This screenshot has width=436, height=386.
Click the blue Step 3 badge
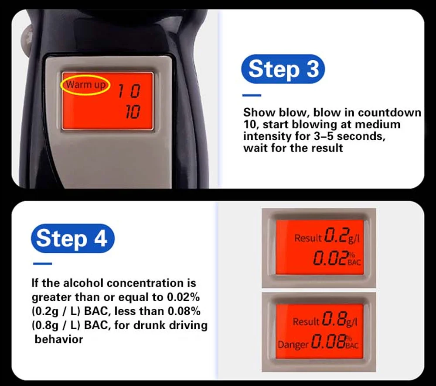(283, 69)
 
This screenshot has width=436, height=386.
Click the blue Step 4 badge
(72, 238)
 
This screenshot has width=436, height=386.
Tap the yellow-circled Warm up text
(85, 85)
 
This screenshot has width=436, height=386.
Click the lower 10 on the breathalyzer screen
(133, 112)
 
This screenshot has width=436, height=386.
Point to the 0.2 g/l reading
(342, 236)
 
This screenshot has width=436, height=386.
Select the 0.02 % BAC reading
(337, 258)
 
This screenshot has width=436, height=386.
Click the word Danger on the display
(293, 345)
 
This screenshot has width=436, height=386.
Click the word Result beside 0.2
(308, 238)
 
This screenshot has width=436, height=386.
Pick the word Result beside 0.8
(306, 322)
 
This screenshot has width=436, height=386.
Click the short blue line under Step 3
(252, 95)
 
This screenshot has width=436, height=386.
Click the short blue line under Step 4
(43, 263)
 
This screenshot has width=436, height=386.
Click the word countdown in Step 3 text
(389, 113)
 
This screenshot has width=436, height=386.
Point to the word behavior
(59, 339)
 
